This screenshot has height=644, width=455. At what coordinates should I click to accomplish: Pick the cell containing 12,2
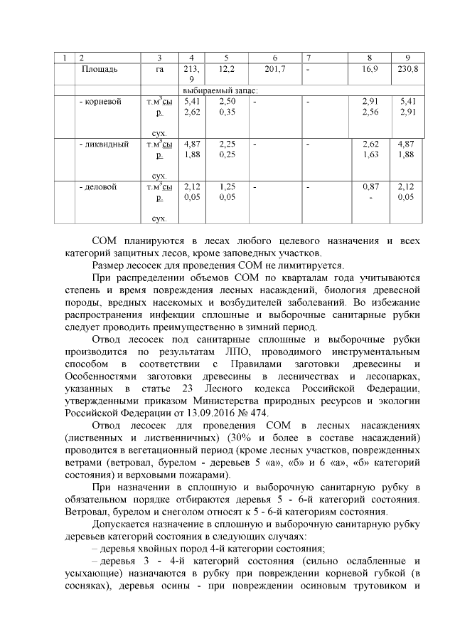[227, 69]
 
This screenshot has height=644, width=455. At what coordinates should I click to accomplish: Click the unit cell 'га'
[159, 69]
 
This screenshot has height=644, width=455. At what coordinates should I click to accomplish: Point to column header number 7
[308, 56]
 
